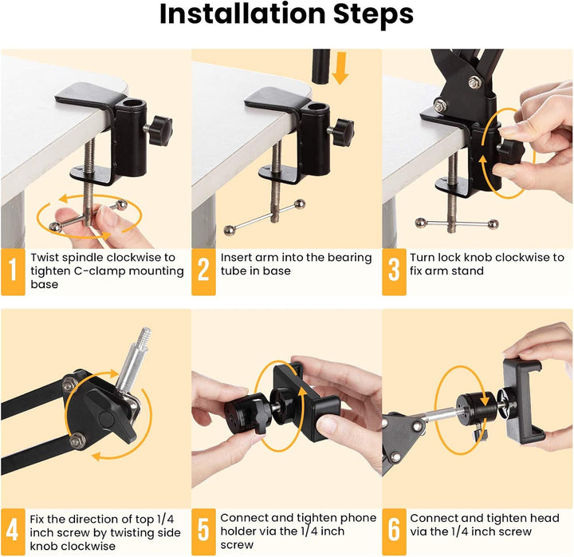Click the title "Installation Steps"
pos(286,15)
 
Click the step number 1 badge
pos(13,271)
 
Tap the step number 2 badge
pos(204,271)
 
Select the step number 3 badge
pos(394,271)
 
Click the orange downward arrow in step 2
pos(341,67)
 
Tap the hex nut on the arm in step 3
pos(475,81)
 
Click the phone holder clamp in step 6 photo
pos(522,399)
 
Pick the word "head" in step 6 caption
pos(549,518)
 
